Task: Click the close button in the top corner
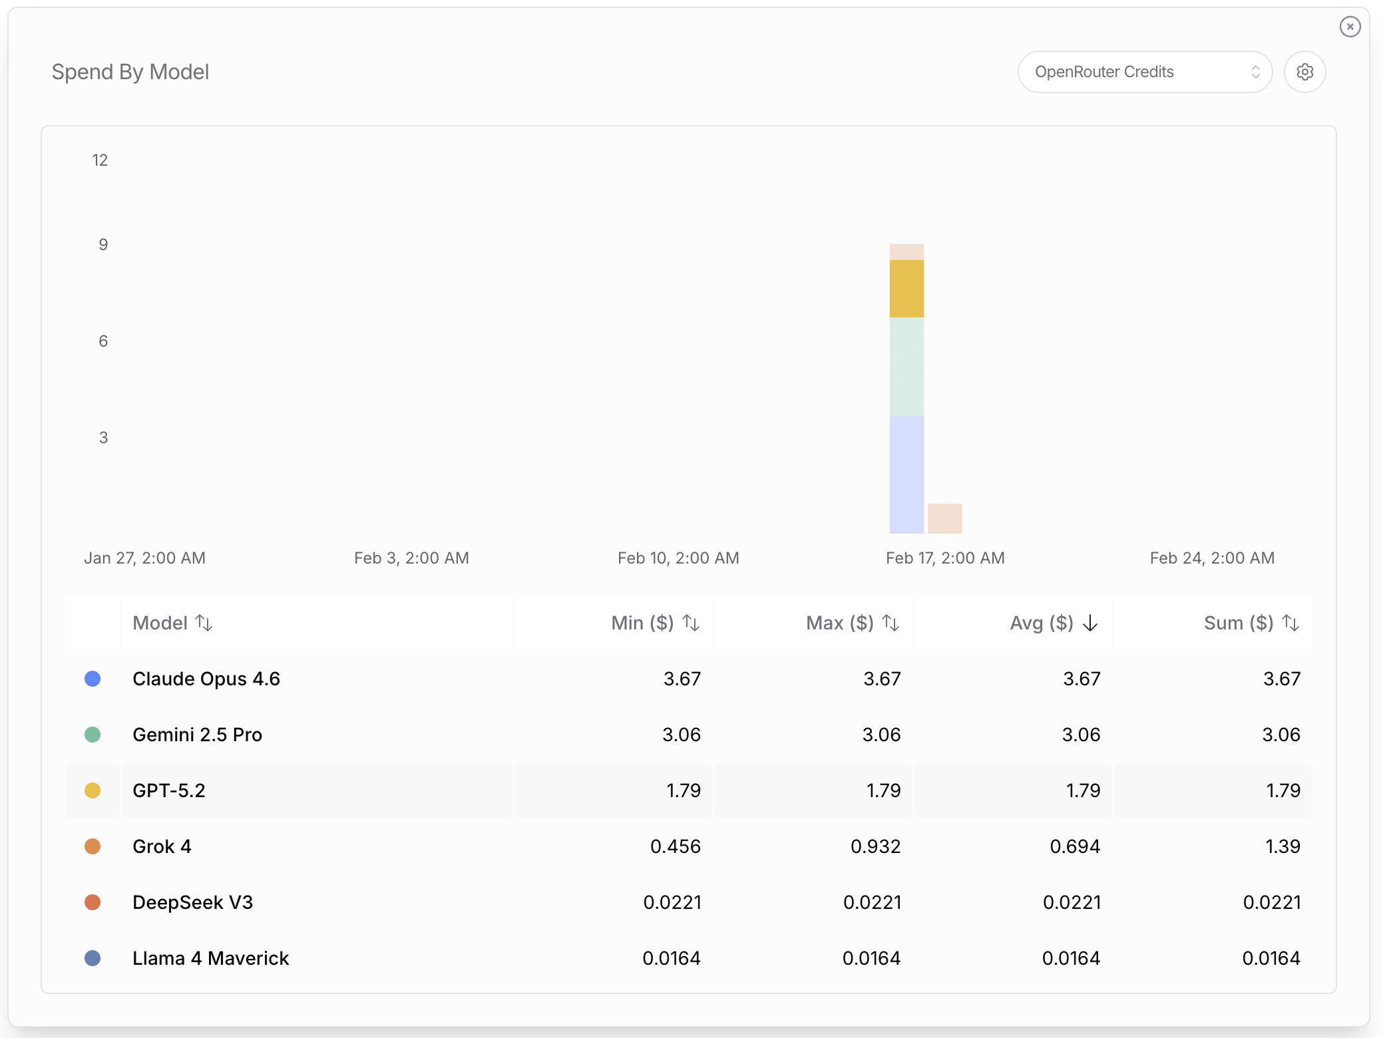coord(1350,27)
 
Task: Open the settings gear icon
coord(1304,72)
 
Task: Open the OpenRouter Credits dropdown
coord(1145,72)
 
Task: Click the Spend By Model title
coord(130,72)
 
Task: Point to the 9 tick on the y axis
coord(103,245)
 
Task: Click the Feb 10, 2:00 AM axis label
coord(678,558)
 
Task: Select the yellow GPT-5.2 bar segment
coord(906,289)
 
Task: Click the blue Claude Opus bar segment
coord(906,474)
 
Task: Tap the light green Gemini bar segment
coord(906,366)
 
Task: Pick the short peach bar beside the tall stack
coord(944,518)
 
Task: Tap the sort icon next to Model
coord(204,623)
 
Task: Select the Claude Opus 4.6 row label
coord(206,679)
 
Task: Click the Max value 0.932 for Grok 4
coord(875,846)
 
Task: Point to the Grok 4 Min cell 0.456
coord(676,846)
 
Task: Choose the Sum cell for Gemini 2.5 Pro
coord(1281,735)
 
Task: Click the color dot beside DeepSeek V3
coord(93,902)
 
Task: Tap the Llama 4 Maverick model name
coord(210,958)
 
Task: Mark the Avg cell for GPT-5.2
coord(1083,790)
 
